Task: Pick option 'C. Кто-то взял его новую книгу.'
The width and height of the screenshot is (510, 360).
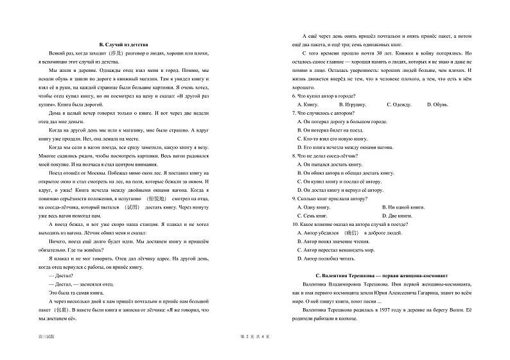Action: [x=332, y=138]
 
